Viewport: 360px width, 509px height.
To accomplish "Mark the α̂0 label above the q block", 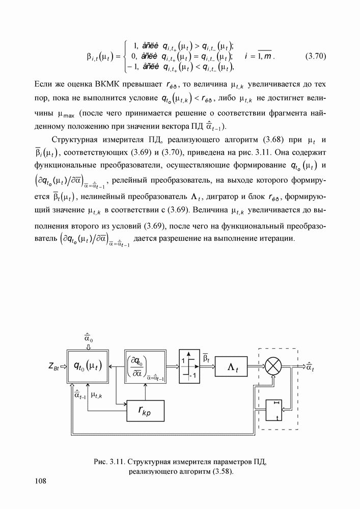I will coord(88,337).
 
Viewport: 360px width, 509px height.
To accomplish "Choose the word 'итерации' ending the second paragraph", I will coord(278,238).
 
